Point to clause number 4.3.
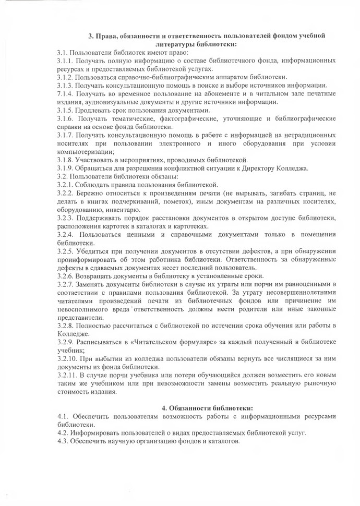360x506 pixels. (x=63, y=441)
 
